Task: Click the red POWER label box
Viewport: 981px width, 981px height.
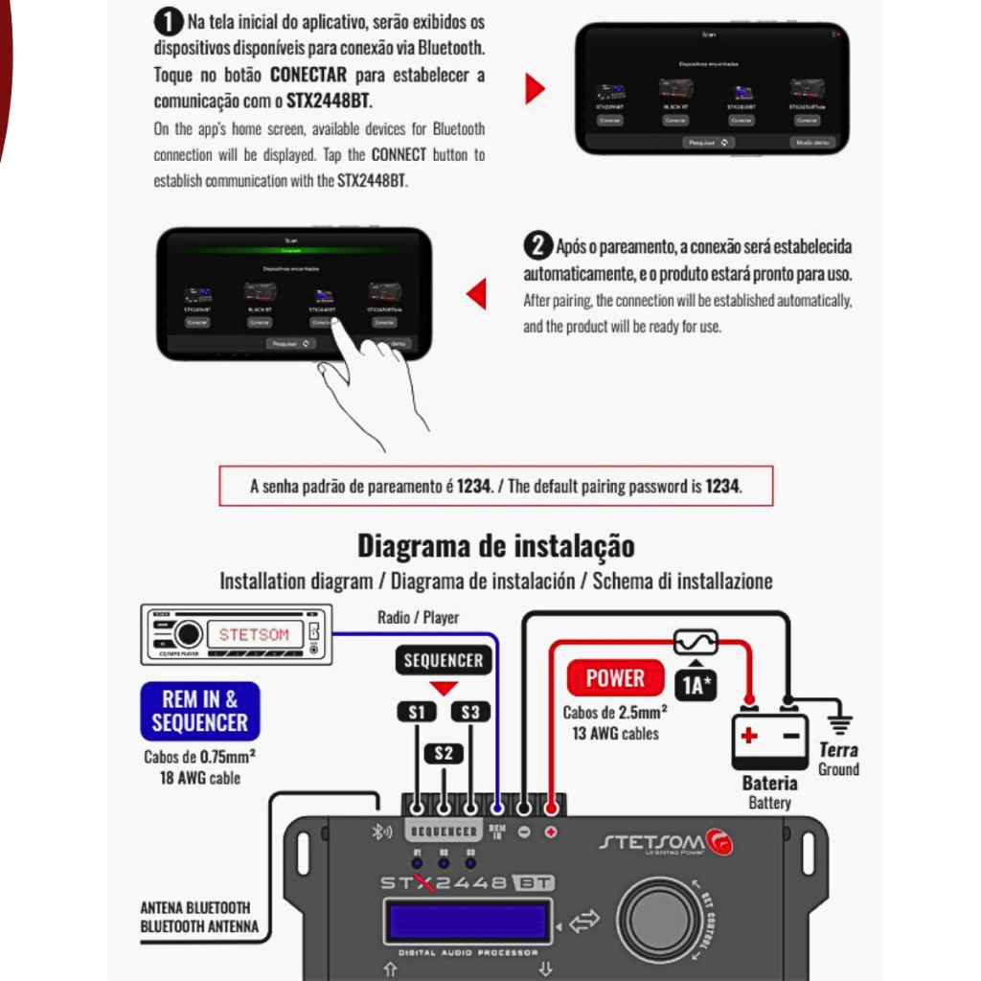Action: pyautogui.click(x=614, y=678)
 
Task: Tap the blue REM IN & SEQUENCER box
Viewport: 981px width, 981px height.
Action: pyautogui.click(x=199, y=711)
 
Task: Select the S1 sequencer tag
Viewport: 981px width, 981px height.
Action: pyautogui.click(x=417, y=712)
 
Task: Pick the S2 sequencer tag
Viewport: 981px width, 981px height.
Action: pyautogui.click(x=443, y=753)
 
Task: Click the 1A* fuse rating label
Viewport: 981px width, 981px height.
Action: pyautogui.click(x=696, y=684)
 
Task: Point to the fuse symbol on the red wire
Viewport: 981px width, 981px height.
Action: pyautogui.click(x=696, y=641)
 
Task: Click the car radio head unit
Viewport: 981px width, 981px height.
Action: pyautogui.click(x=236, y=634)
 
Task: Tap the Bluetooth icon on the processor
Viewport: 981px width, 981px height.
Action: pyautogui.click(x=380, y=831)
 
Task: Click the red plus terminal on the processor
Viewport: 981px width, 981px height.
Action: pyautogui.click(x=551, y=831)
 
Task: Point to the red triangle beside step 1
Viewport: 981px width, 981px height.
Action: pyautogui.click(x=535, y=89)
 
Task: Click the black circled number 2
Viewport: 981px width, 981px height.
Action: pyautogui.click(x=537, y=245)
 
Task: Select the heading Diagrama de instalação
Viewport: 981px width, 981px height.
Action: pyautogui.click(x=495, y=546)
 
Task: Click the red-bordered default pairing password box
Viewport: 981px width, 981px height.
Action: pyautogui.click(x=495, y=486)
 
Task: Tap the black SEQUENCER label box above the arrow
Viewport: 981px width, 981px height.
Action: pyautogui.click(x=443, y=660)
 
